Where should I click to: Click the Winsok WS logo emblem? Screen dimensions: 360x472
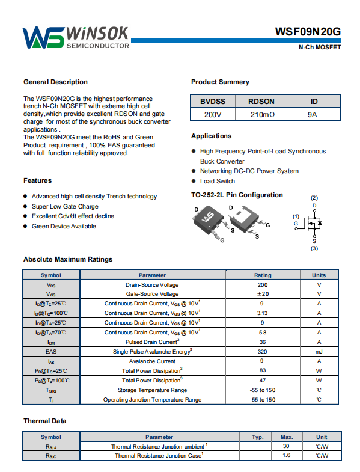pos(44,38)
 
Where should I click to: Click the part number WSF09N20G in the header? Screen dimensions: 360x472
pos(308,32)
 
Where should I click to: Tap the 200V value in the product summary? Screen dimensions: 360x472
pos(213,115)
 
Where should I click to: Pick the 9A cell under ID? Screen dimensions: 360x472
pos(312,115)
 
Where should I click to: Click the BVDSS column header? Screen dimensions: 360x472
pos(213,102)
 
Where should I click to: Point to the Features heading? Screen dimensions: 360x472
pos(38,180)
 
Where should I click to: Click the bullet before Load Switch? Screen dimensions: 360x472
pos(194,181)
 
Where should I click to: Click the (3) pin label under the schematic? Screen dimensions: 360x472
pos(314,248)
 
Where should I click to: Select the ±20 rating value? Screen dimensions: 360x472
pos(263,294)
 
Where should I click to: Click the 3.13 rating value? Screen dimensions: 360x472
pos(263,313)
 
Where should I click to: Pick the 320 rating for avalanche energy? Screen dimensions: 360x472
pos(262,352)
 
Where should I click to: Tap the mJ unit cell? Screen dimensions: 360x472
pos(319,352)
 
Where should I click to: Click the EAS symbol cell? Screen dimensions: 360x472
pos(51,352)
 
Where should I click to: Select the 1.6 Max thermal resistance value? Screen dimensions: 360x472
pos(286,455)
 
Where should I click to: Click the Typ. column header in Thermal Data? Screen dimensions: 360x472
pos(258,437)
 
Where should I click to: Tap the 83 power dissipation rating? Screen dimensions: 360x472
pos(263,370)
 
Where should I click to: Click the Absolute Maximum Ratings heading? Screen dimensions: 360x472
pos(68,259)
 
